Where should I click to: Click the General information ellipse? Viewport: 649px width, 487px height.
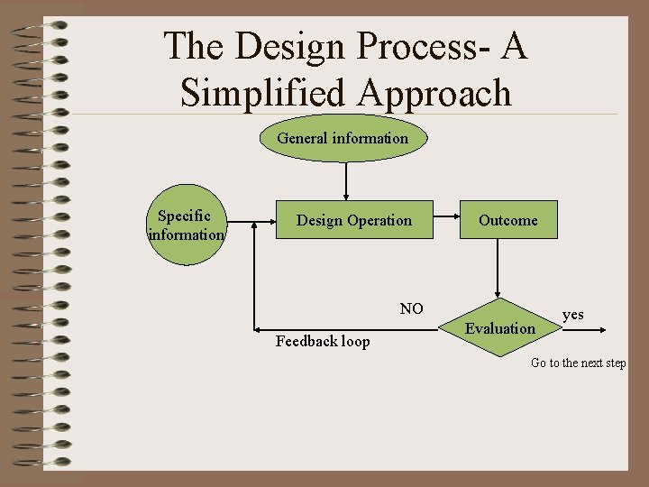(x=343, y=138)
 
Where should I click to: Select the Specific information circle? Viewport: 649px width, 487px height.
(x=184, y=225)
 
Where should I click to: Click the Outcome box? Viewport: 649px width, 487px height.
(x=508, y=220)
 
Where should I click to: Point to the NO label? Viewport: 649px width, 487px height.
(x=412, y=309)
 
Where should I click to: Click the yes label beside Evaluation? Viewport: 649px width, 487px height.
(x=573, y=315)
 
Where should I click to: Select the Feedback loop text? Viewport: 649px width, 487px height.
(x=323, y=341)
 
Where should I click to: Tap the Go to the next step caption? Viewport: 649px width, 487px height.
(x=578, y=363)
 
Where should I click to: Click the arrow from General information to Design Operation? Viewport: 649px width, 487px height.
(x=345, y=180)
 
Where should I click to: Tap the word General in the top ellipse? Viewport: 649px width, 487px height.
(x=303, y=138)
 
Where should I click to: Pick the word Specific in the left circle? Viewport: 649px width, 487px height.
(x=184, y=216)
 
